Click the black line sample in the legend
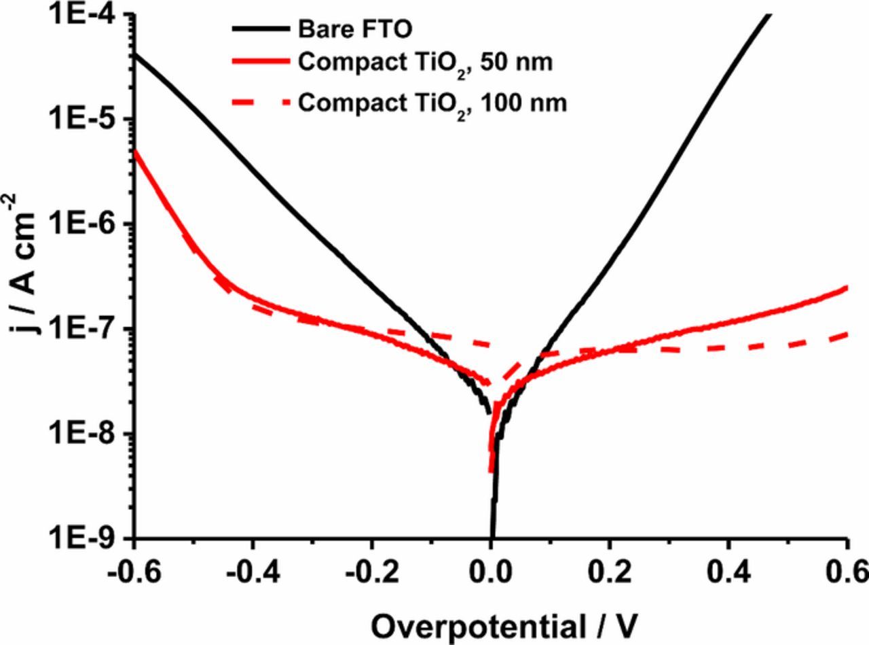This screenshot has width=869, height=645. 261,29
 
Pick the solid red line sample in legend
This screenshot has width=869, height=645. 261,63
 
